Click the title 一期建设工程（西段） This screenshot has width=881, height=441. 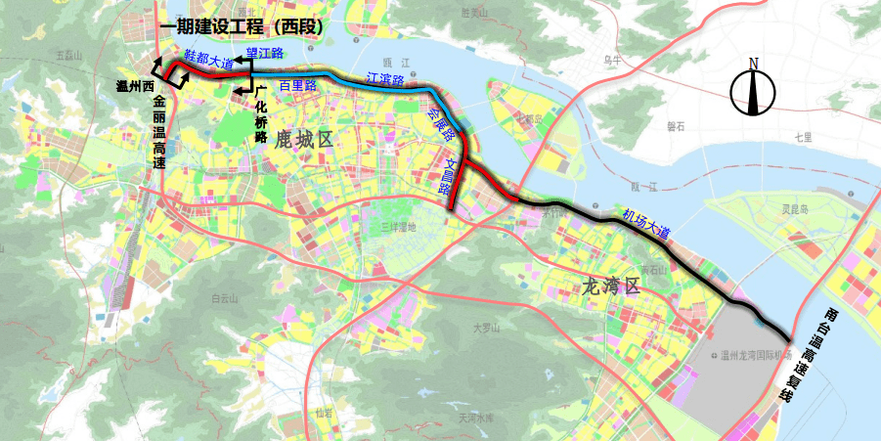[240, 27]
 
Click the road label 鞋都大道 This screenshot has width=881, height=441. [208, 60]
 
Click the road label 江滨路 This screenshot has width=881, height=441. [385, 79]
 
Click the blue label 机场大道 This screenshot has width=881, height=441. [645, 226]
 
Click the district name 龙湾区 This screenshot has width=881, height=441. [609, 287]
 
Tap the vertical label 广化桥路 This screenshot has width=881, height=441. [260, 113]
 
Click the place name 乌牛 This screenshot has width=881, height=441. [612, 60]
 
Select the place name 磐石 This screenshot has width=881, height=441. [676, 126]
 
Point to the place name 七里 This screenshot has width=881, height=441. [803, 137]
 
